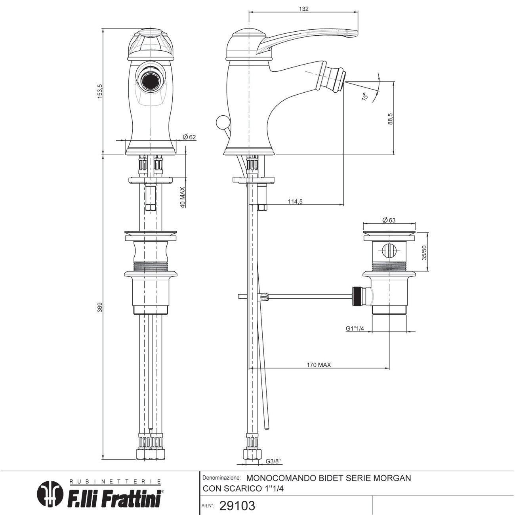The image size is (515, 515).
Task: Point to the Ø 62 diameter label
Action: [x=189, y=137]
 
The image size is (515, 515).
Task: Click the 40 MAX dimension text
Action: [x=183, y=197]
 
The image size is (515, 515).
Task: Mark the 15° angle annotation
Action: [x=365, y=95]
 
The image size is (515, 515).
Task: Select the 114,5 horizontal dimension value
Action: [x=295, y=202]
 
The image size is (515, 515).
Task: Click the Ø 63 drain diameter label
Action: [x=389, y=220]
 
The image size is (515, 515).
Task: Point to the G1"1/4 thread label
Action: [x=355, y=328]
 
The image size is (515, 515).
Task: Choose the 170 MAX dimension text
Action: [x=319, y=365]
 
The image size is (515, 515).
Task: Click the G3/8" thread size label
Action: [x=273, y=461]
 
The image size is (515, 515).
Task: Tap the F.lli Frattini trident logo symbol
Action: [x=50, y=493]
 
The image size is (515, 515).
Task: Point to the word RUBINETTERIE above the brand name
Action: [x=115, y=482]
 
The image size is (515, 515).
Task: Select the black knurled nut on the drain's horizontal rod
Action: [x=358, y=297]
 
